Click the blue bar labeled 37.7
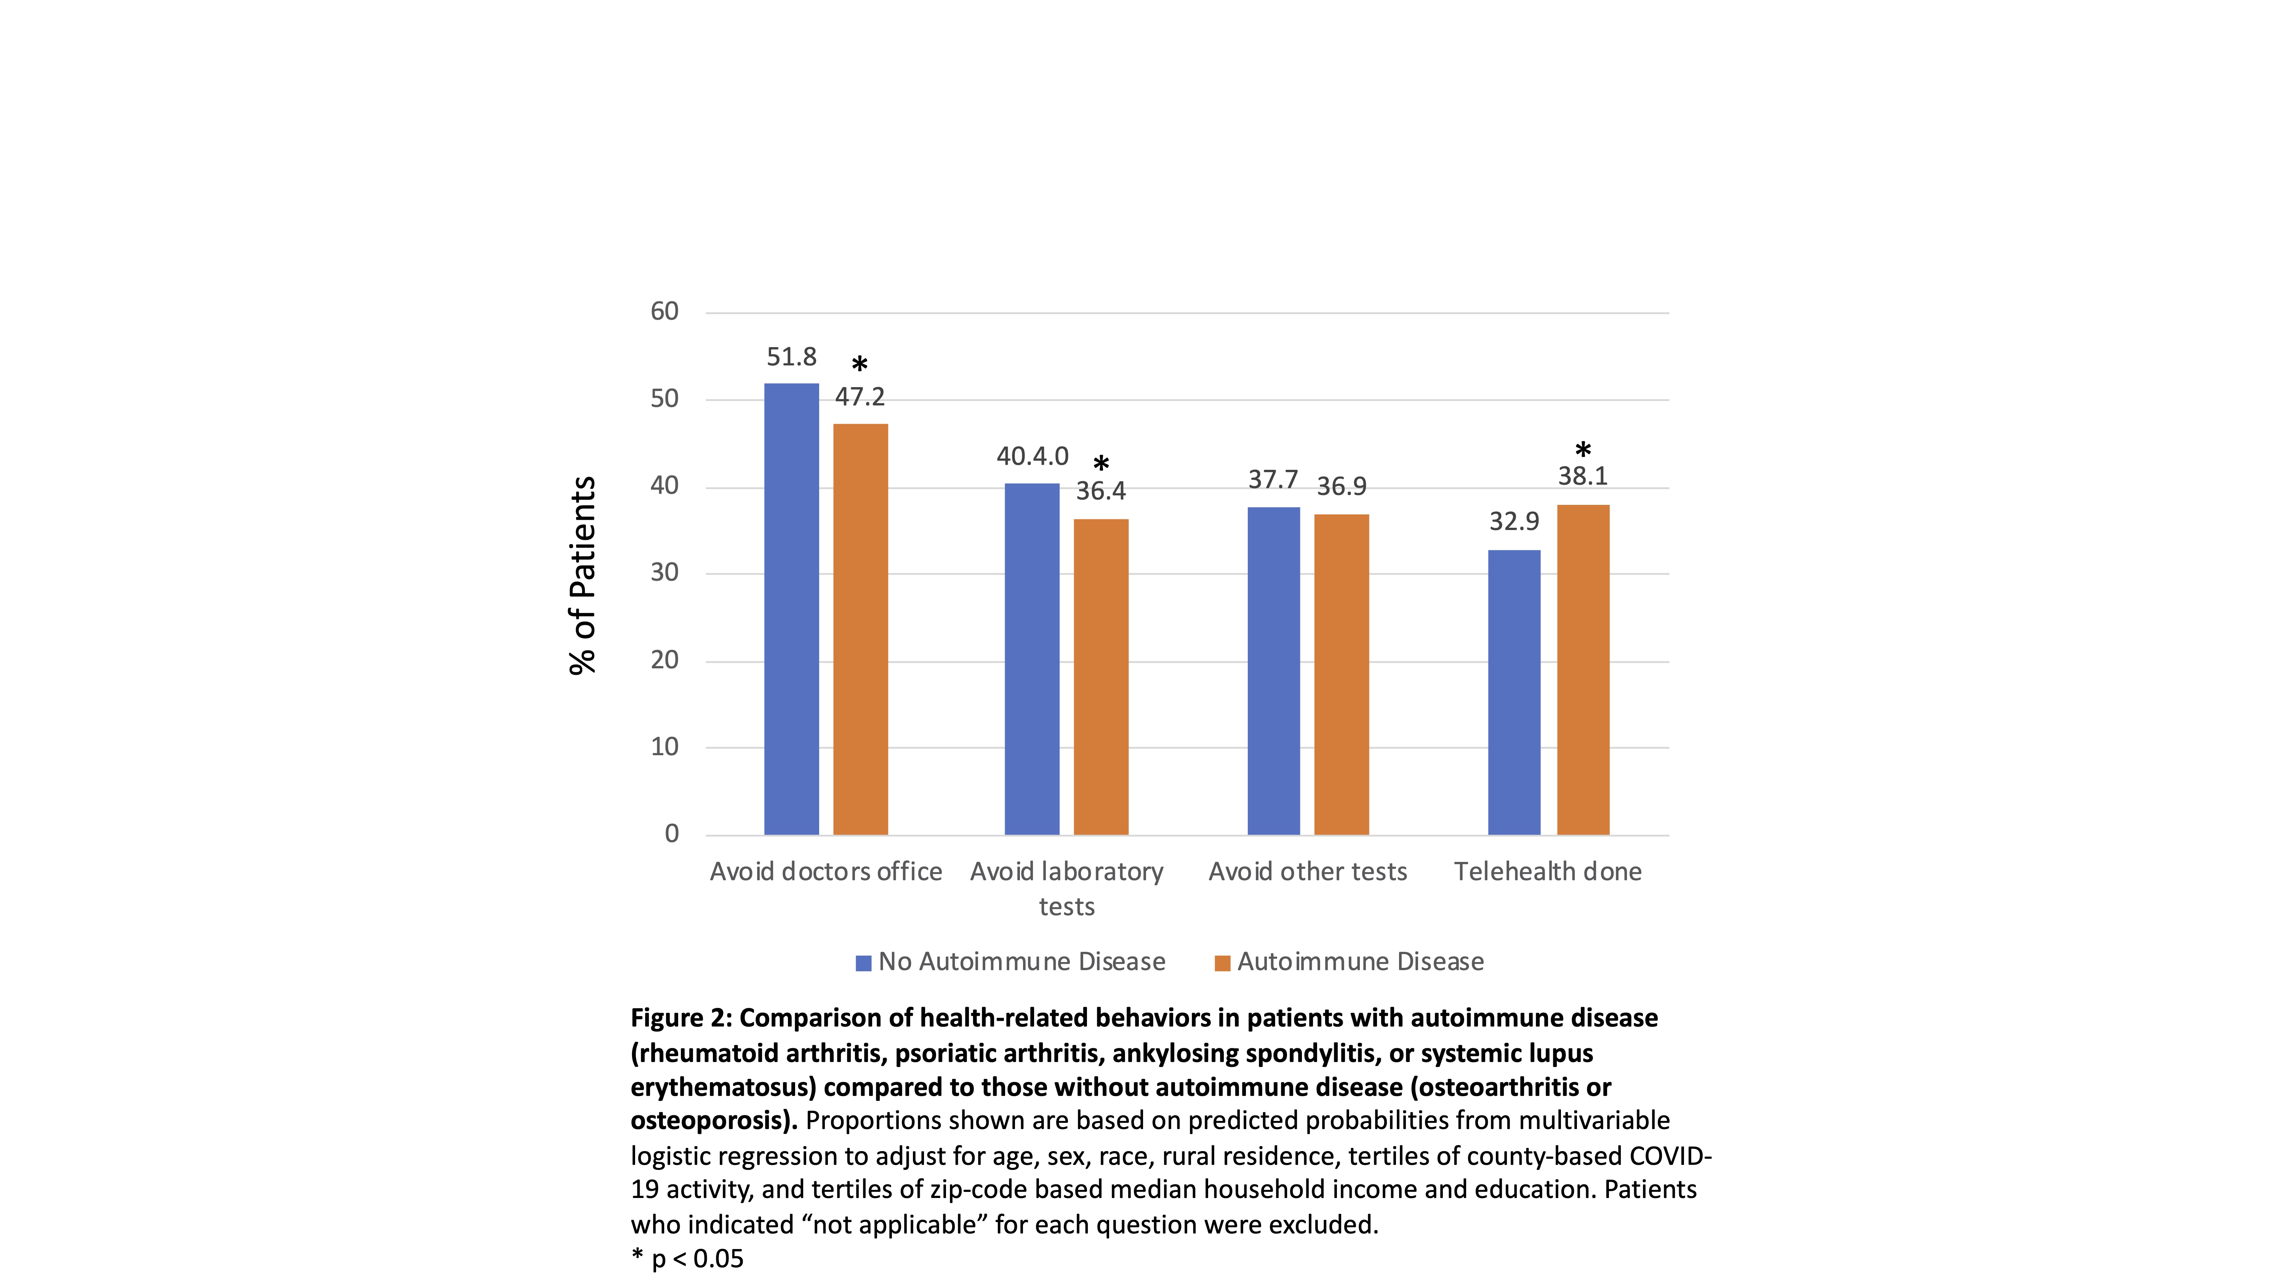pos(1273,671)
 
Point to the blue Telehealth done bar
pos(1514,692)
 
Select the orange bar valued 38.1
pos(1583,670)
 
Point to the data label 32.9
pos(1514,521)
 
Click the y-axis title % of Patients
pos(582,575)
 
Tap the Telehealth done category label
pos(1548,871)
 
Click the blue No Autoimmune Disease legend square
pos(863,963)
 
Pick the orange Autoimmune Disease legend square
pos(1222,963)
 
